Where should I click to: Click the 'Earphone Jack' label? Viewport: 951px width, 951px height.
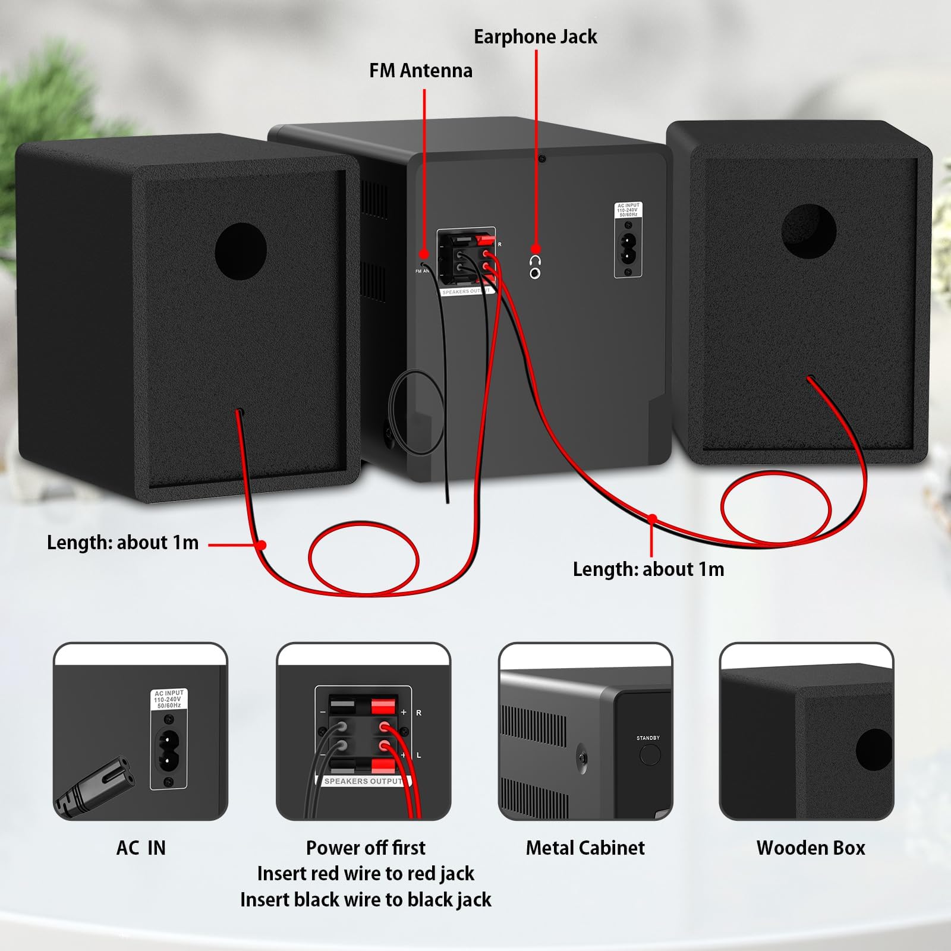click(535, 37)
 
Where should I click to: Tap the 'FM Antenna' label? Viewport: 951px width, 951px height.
click(421, 71)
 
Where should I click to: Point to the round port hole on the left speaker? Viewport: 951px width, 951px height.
click(241, 251)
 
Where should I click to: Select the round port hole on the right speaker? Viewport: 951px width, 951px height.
click(808, 231)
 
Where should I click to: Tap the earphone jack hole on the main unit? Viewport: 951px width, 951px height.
click(535, 273)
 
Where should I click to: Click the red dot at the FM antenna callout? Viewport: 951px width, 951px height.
click(424, 254)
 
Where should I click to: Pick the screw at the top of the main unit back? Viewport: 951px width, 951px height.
click(541, 159)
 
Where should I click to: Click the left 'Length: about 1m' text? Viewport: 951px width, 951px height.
click(122, 543)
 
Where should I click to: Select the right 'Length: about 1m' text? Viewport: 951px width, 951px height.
click(648, 569)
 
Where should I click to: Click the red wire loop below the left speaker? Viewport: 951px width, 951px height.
click(363, 558)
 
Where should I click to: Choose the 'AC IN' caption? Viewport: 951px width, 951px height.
click(141, 848)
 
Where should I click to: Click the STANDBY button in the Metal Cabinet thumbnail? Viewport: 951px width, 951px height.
click(650, 754)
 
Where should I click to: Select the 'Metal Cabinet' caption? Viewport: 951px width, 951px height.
click(585, 848)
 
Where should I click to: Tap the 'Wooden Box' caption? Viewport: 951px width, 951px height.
click(811, 848)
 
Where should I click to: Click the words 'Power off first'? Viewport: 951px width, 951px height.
click(366, 848)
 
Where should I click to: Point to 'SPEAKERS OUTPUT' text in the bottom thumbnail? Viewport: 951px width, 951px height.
click(363, 781)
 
